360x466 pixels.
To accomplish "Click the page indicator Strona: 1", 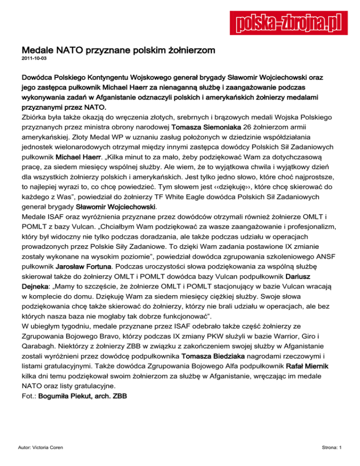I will coord(330,460).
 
